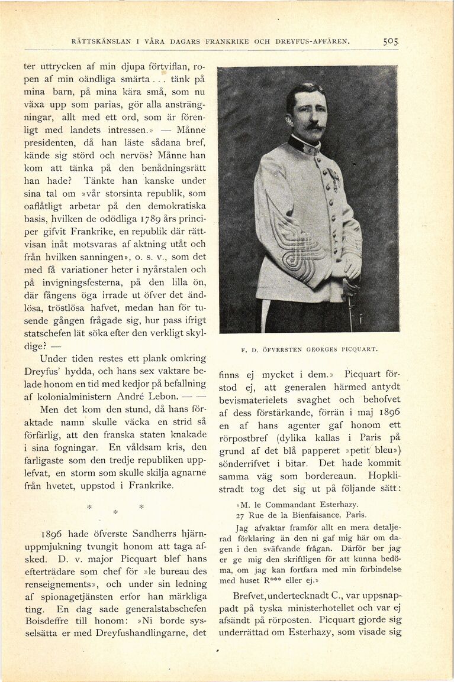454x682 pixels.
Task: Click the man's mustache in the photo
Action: pyautogui.click(x=314, y=127)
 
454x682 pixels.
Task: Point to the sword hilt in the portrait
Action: pyautogui.click(x=350, y=290)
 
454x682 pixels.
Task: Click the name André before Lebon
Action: pyautogui.click(x=129, y=395)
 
